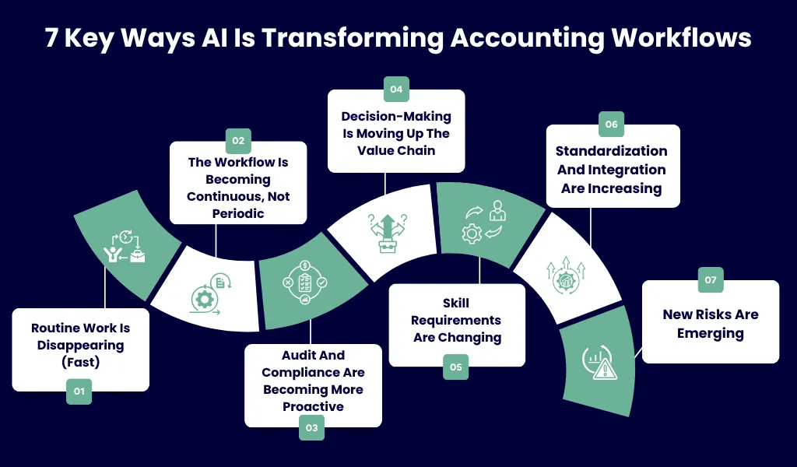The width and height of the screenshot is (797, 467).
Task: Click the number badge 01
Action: pos(79,392)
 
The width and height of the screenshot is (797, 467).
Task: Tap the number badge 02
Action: pos(238,141)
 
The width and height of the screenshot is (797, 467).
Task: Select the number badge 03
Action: pos(311,427)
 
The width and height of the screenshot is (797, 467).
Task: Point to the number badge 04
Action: pos(396,90)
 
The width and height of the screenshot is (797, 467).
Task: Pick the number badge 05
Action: pos(456,367)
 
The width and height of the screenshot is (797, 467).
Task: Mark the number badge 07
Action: pos(710,279)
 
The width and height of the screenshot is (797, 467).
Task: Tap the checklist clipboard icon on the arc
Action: pos(304,283)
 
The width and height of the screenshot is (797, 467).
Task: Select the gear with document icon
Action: pos(208,295)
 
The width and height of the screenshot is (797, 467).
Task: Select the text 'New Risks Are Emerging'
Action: pos(710,324)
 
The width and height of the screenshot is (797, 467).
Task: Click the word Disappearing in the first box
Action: pos(80,345)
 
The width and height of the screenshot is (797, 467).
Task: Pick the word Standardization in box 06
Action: pos(611,151)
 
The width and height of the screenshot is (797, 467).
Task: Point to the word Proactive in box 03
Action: pos(313,406)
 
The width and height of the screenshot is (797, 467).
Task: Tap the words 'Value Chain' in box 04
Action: pos(396,150)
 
